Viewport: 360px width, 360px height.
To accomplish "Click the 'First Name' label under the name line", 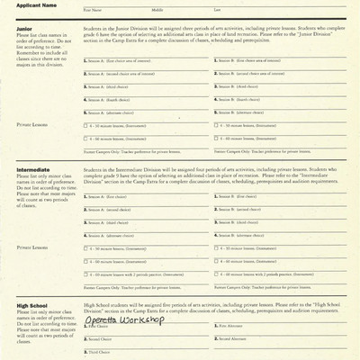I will (x=93, y=10).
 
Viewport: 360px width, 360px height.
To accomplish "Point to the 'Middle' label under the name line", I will (x=157, y=10).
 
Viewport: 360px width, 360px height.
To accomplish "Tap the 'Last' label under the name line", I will (x=217, y=10).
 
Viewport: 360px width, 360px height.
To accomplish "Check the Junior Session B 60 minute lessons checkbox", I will (x=219, y=139).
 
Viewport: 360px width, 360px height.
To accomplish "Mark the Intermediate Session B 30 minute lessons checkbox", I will (x=219, y=247).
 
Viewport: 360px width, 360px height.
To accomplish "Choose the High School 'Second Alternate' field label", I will (x=235, y=339).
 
